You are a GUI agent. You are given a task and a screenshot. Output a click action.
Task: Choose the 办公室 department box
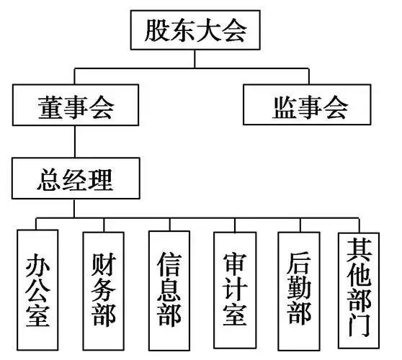click(x=37, y=289)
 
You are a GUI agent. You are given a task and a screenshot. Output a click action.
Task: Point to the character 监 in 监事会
click(x=284, y=107)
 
